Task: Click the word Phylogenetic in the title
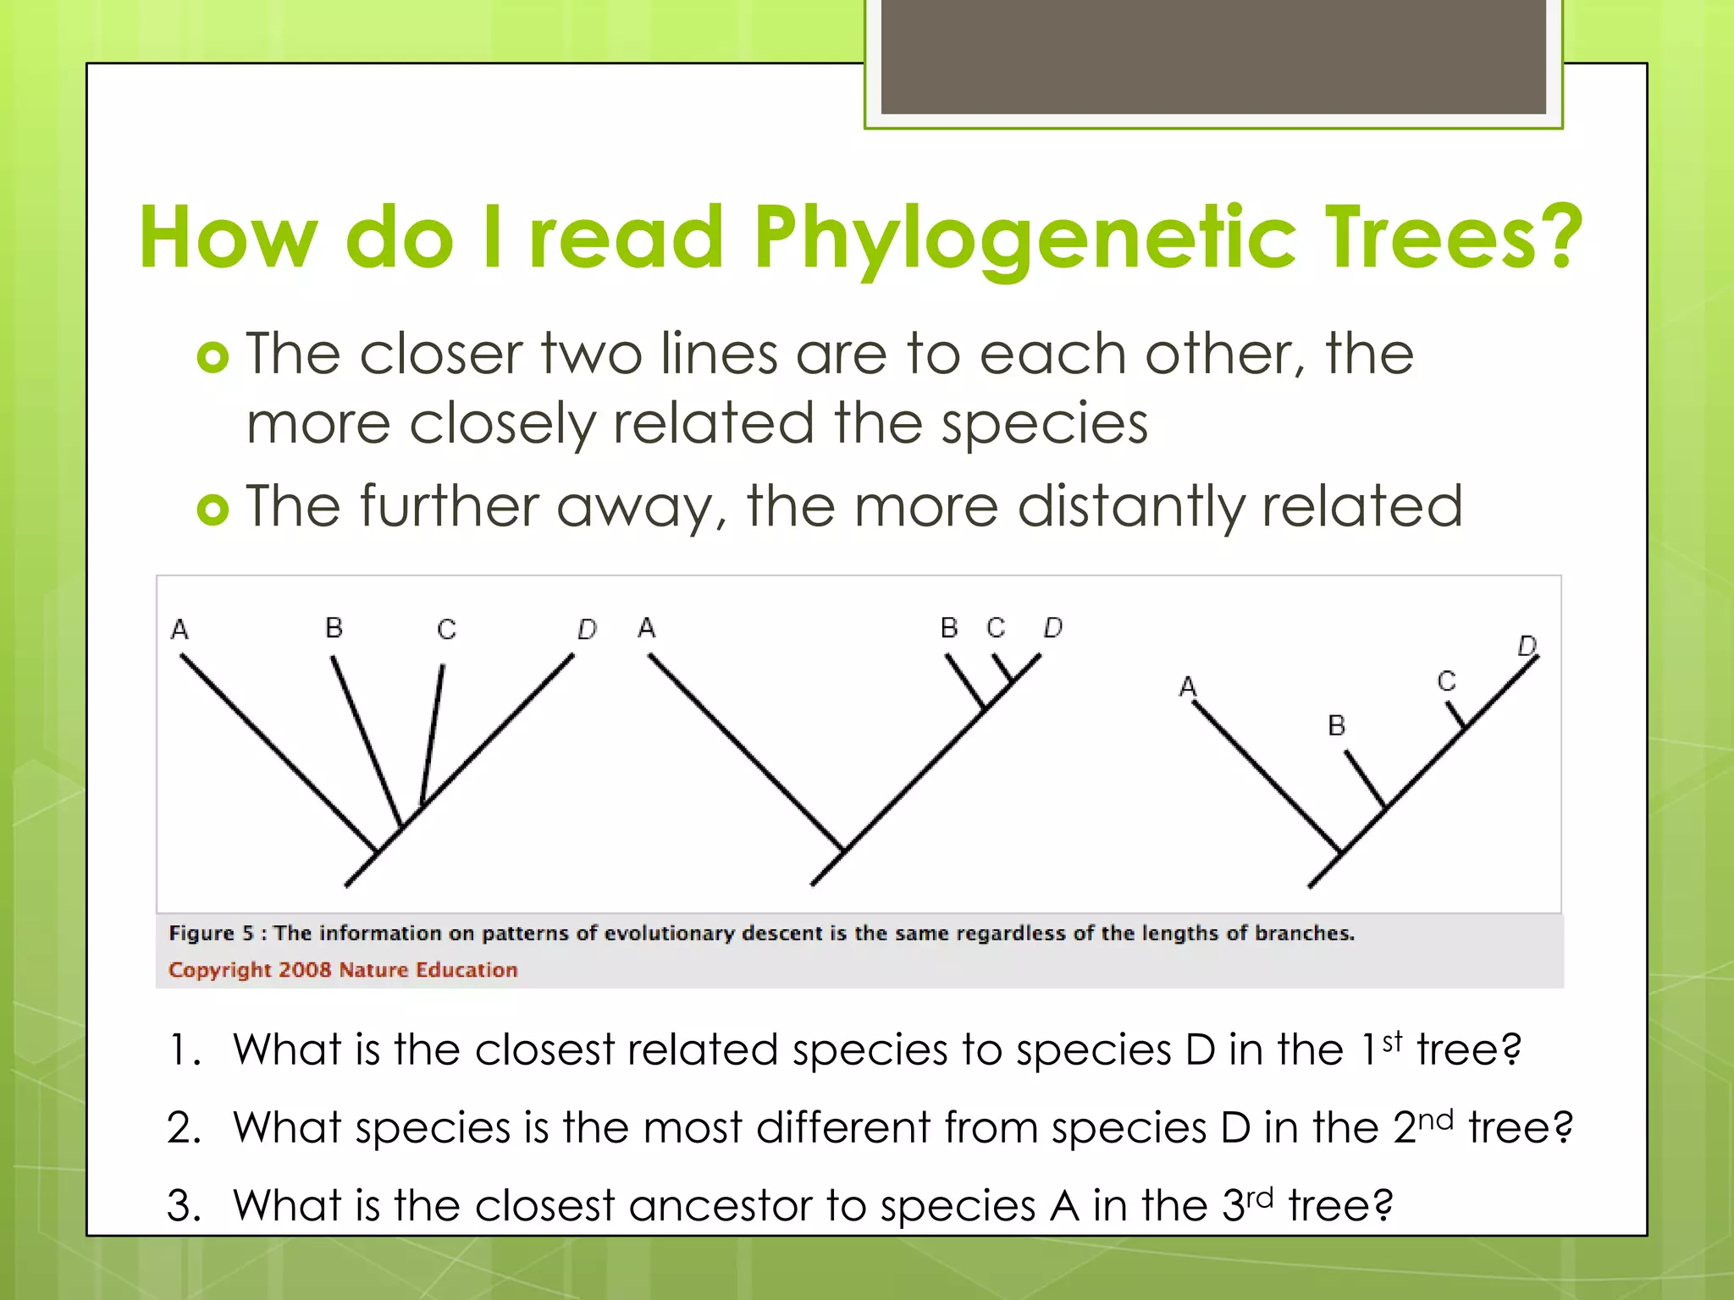pos(1024,240)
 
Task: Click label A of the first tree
pos(179,630)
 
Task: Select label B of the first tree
pos(334,628)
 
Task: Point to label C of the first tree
pos(446,630)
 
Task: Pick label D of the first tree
pos(587,630)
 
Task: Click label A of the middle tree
pos(647,628)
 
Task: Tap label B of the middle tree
pos(949,628)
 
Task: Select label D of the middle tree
pos(1052,628)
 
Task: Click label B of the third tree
pos(1336,725)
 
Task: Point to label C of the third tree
pos(1446,681)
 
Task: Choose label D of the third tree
pos(1527,647)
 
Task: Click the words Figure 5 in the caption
pos(211,934)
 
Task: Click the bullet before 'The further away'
pos(213,510)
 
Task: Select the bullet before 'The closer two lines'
pos(213,357)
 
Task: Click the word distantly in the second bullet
pos(1131,507)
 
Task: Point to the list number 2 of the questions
pos(183,1128)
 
